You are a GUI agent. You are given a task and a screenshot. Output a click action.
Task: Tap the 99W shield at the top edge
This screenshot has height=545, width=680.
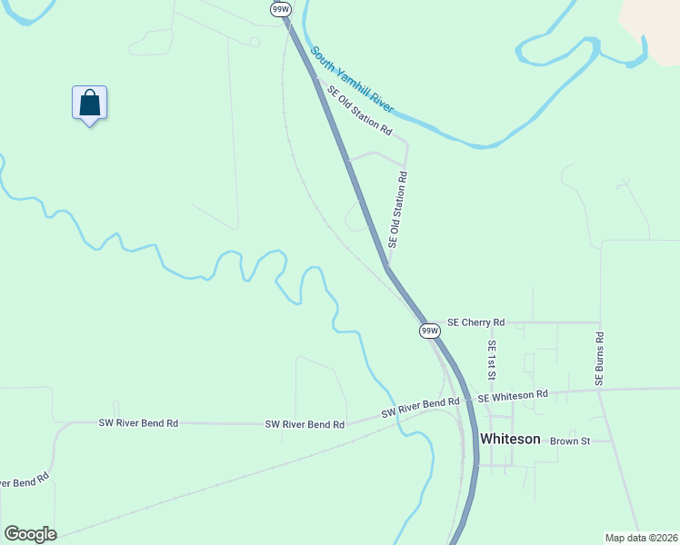(x=280, y=8)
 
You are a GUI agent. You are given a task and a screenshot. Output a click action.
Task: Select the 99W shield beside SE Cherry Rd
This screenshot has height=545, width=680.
(x=430, y=332)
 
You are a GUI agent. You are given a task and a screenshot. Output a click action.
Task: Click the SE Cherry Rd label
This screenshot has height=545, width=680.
(x=475, y=322)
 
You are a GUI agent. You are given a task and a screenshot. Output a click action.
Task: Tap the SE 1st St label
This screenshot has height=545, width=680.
(x=492, y=361)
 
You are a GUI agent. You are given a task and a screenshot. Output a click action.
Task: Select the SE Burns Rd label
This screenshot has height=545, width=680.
(x=600, y=359)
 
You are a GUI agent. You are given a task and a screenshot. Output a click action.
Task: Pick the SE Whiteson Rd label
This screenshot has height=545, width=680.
(x=513, y=395)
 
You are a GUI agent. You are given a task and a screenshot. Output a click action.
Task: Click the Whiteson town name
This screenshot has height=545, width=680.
(x=510, y=439)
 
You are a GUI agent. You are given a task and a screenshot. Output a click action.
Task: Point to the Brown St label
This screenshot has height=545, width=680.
(x=570, y=441)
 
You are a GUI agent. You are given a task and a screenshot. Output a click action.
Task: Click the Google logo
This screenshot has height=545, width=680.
(x=30, y=534)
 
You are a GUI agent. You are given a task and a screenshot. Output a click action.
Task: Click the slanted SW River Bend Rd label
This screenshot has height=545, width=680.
(x=421, y=408)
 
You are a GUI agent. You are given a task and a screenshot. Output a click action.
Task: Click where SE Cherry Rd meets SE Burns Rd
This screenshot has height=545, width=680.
(x=600, y=322)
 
